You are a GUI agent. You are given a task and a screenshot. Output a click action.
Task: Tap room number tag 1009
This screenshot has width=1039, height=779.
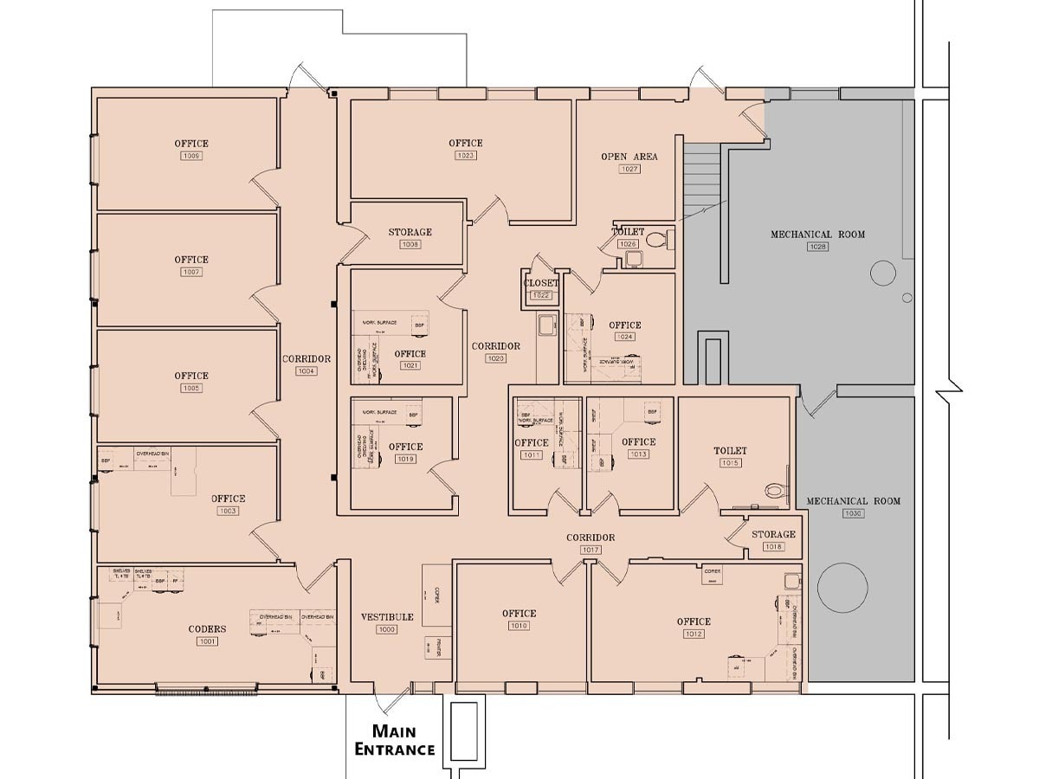click(x=191, y=156)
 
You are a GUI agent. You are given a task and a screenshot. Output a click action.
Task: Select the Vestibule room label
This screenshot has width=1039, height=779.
click(x=386, y=617)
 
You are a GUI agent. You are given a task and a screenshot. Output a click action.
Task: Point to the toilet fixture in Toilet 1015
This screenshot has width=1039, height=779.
click(x=776, y=490)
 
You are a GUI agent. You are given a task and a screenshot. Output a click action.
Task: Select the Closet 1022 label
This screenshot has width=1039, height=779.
click(x=541, y=283)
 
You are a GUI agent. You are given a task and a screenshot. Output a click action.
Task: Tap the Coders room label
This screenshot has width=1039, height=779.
click(x=207, y=629)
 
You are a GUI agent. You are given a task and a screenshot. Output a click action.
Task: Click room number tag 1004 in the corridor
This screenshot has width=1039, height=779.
click(x=307, y=371)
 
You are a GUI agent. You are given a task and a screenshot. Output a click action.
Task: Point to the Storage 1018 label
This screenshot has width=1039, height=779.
click(x=773, y=534)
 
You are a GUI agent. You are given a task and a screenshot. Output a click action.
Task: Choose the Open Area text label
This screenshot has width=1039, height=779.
click(x=629, y=157)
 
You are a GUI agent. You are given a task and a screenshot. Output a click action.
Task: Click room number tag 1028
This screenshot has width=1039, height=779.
click(x=817, y=247)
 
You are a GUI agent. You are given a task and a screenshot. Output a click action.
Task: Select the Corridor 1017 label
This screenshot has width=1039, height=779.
click(x=590, y=538)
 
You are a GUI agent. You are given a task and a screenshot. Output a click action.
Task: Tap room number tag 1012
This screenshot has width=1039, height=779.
click(x=694, y=634)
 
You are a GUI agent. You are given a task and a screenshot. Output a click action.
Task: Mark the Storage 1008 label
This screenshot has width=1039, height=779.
click(x=410, y=232)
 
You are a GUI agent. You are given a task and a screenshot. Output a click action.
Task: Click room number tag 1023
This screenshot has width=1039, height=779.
click(x=466, y=156)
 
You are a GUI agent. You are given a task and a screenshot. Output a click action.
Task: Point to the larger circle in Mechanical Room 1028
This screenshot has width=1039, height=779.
click(x=882, y=274)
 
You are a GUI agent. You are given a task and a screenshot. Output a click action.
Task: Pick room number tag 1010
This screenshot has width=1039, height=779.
click(x=519, y=626)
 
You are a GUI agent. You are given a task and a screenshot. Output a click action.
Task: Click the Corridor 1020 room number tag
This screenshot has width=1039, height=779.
click(x=495, y=358)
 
